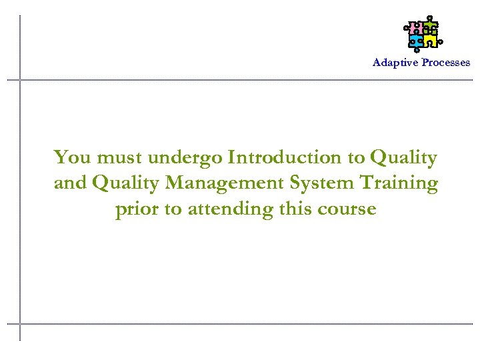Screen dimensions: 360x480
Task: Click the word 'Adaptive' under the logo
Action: click(x=395, y=63)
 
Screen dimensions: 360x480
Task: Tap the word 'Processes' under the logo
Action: click(x=445, y=63)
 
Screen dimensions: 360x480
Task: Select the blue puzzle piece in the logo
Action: click(x=416, y=41)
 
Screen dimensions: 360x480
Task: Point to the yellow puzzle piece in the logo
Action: click(x=431, y=41)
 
